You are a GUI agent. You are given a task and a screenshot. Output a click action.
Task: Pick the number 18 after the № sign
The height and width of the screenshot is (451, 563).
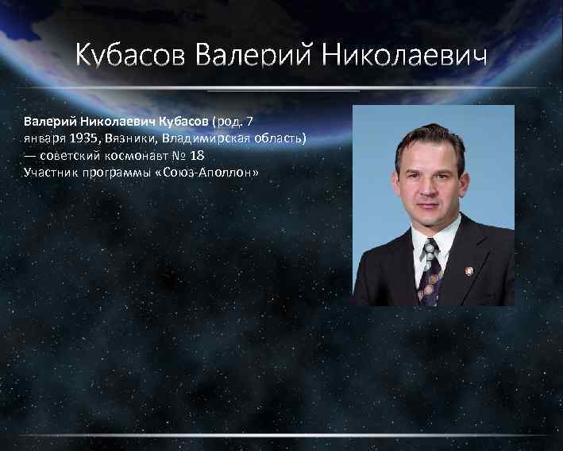pyautogui.click(x=197, y=155)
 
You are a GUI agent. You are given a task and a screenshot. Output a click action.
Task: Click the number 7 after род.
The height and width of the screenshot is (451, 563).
pyautogui.click(x=249, y=121)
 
